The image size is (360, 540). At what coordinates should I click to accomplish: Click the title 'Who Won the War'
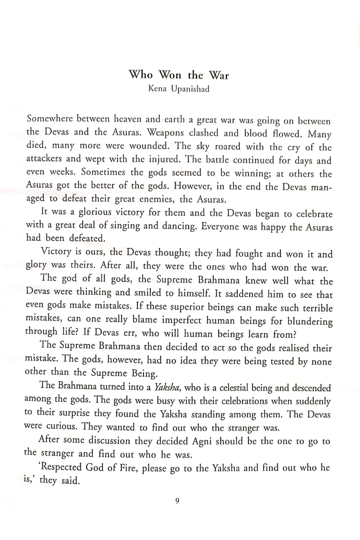179,75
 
